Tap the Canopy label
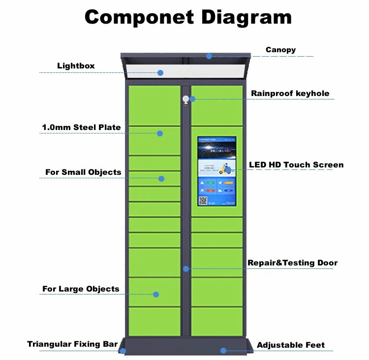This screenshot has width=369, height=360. tap(280, 50)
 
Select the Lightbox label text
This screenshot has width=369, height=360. tap(76, 65)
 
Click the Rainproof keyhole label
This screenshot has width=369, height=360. tap(290, 93)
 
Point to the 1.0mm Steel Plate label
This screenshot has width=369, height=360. tap(81, 127)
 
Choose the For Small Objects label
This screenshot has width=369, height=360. tap(83, 172)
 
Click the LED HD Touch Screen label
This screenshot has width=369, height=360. tap(296, 164)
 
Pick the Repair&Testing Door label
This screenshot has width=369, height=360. tap(292, 262)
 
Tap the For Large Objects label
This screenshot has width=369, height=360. tap(81, 289)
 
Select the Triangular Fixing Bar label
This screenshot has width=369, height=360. tap(72, 344)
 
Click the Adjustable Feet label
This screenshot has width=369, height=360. tap(291, 345)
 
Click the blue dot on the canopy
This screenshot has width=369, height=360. tap(209, 56)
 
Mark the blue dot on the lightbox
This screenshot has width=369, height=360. tap(160, 73)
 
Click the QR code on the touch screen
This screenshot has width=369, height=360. tap(203, 200)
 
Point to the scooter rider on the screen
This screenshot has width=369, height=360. tap(227, 169)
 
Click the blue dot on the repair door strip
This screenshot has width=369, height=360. tap(186, 269)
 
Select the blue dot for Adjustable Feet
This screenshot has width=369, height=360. tap(223, 351)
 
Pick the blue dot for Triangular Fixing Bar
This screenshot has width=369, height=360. tap(123, 351)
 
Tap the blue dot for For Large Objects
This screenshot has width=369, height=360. tap(156, 295)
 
